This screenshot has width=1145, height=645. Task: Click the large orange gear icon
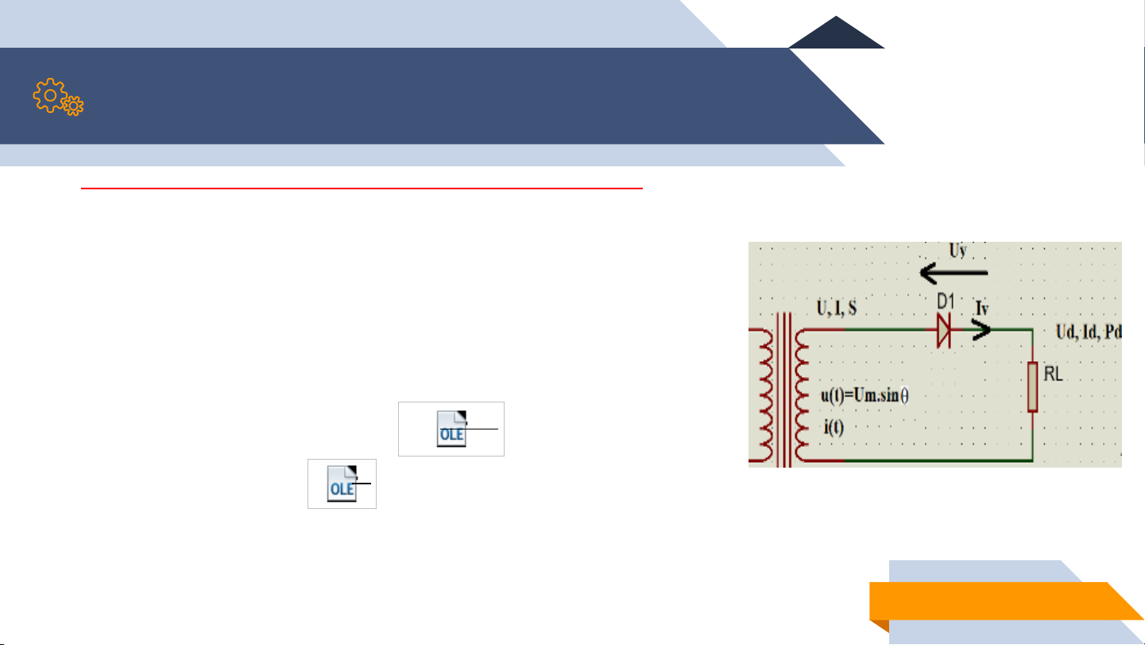[49, 95]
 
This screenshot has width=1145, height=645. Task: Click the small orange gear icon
[74, 106]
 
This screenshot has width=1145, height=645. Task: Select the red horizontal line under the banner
[362, 188]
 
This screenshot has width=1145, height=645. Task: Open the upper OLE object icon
[451, 429]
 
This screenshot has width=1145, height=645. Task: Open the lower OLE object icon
[342, 484]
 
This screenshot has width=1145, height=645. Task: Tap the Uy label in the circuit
[958, 251]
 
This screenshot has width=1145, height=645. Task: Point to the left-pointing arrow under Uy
[954, 273]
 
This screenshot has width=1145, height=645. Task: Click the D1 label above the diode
[946, 301]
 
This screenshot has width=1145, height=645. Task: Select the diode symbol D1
[944, 330]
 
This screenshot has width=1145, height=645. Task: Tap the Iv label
[982, 308]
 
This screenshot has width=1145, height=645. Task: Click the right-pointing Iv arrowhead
[981, 330]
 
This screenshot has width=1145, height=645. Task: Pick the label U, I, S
[836, 308]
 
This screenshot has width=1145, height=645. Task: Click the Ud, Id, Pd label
[1089, 332]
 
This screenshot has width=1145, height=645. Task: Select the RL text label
[1053, 374]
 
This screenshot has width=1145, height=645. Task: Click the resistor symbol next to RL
[1032, 387]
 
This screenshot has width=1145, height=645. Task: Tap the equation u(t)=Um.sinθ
[865, 395]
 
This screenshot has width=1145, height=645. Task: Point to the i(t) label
[834, 427]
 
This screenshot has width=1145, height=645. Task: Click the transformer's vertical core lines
[784, 390]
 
